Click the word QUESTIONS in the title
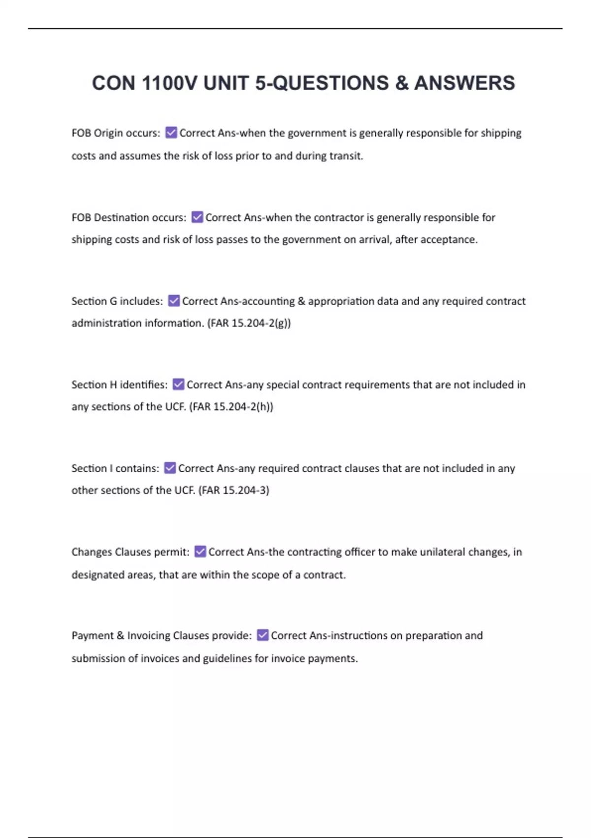pyautogui.click(x=330, y=83)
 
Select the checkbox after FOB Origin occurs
pyautogui.click(x=171, y=133)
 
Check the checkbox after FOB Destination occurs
pyautogui.click(x=197, y=217)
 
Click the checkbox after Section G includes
pyautogui.click(x=174, y=301)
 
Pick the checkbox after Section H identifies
pyautogui.click(x=178, y=384)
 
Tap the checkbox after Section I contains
pyautogui.click(x=170, y=468)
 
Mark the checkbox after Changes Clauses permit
pyautogui.click(x=200, y=552)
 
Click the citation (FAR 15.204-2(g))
pyautogui.click(x=249, y=323)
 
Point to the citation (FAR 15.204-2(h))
pyautogui.click(x=231, y=407)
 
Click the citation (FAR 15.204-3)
pyautogui.click(x=233, y=490)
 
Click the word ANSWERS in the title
pyautogui.click(x=464, y=83)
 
